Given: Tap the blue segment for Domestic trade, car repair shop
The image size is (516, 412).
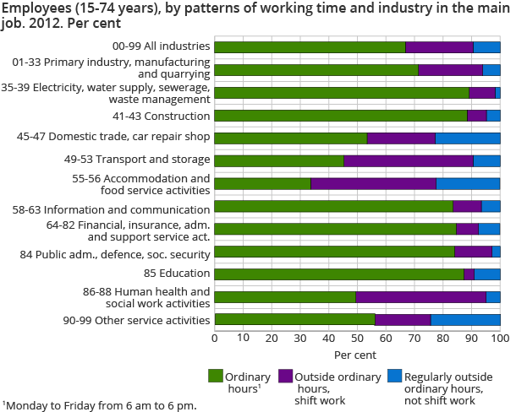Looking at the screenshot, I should click(468, 138).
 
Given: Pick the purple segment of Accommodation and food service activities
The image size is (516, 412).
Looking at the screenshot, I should click(373, 183).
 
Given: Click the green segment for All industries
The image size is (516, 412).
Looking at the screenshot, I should click(310, 47).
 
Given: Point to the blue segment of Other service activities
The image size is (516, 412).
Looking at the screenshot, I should click(465, 319).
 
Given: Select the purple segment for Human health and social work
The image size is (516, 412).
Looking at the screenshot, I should click(420, 296).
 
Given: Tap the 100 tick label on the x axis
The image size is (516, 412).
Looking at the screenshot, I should click(499, 339).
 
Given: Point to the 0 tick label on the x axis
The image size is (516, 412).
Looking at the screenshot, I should click(215, 339).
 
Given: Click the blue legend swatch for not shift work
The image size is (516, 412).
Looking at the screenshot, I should click(393, 377).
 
